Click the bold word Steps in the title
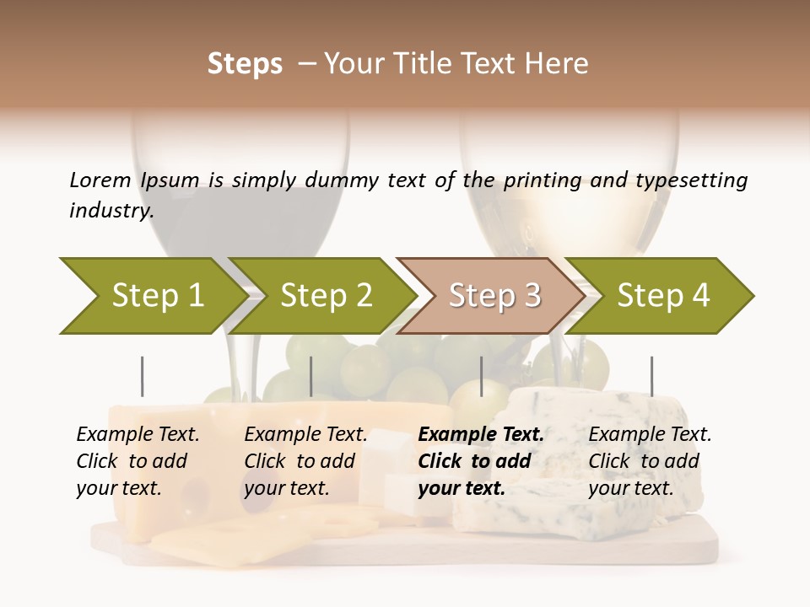coord(245,64)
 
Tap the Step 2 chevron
coord(326,296)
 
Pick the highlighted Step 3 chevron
coord(494,296)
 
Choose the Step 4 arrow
coord(663,296)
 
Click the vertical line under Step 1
coord(143,376)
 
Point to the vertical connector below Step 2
coord(311,376)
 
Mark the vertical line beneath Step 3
coord(482,376)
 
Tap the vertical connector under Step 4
coord(651,376)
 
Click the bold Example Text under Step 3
coord(481,435)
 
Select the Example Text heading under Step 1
coord(138,435)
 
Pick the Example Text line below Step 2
coord(305,435)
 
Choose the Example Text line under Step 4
coord(650,435)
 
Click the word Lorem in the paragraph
coord(100,180)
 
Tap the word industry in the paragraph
coord(111,211)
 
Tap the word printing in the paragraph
coord(543,180)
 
